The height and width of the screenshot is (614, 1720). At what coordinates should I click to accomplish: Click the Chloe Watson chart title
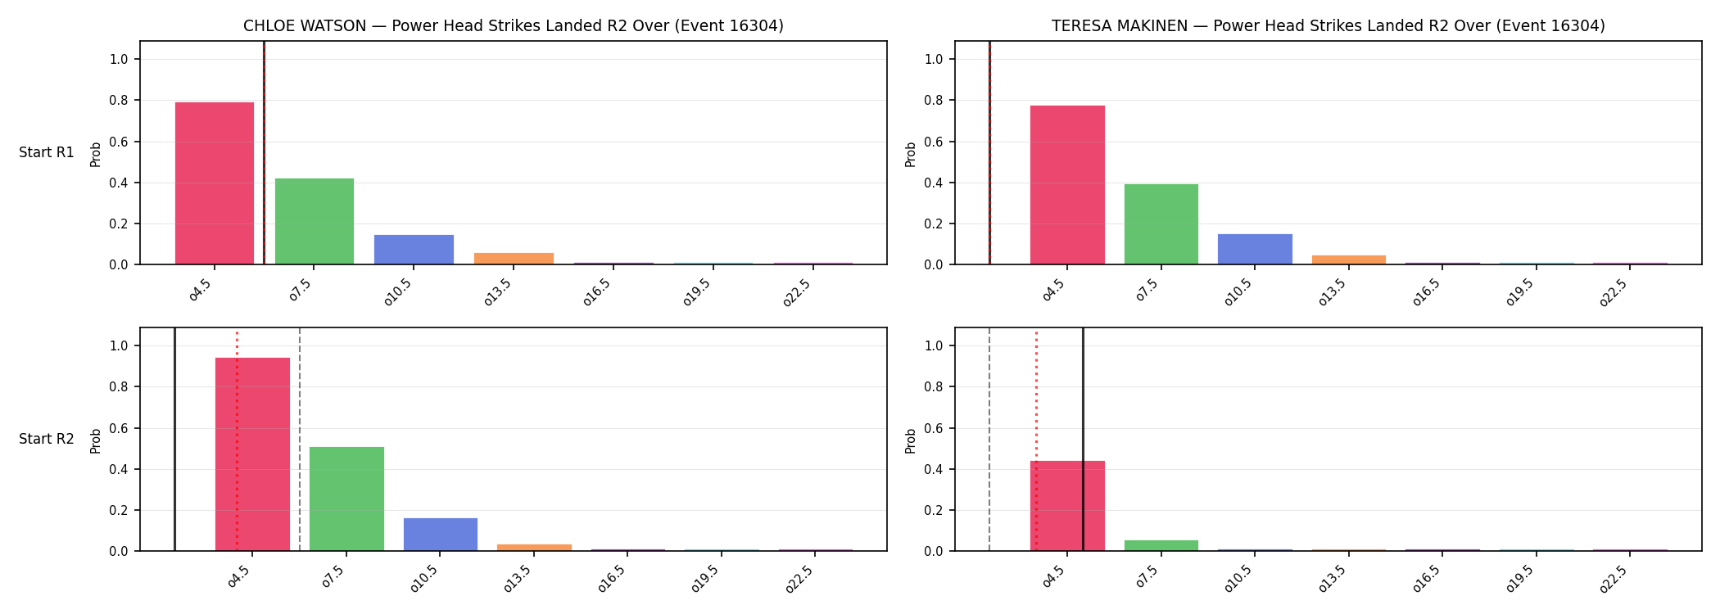coord(514,26)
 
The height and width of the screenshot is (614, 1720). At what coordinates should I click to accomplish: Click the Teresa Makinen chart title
coord(1328,26)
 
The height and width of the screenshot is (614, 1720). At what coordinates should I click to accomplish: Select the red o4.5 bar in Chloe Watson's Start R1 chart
coord(215,183)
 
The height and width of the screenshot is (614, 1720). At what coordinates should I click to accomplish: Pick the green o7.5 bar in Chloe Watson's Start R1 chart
coord(315,221)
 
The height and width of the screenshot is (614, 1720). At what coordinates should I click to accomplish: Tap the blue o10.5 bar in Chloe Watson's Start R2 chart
coord(441,535)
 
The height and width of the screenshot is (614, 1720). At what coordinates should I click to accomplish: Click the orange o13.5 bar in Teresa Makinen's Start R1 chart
coord(1349,260)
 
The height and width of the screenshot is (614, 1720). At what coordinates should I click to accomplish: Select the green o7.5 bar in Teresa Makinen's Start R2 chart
coord(1161,545)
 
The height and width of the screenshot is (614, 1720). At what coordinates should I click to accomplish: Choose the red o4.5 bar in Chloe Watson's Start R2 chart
coord(252,454)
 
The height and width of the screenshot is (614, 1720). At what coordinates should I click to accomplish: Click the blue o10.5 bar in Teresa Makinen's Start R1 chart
coord(1255,249)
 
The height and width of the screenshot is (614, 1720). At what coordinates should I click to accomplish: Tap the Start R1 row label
coord(47,152)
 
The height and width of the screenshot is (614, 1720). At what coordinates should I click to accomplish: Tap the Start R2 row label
coord(47,439)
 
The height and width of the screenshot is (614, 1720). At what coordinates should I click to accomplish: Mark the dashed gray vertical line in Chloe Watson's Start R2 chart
coord(300,439)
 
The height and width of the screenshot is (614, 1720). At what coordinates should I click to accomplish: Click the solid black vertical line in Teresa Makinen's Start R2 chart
coord(1083,439)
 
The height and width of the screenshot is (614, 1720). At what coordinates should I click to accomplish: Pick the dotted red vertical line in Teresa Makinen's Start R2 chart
coord(1036,440)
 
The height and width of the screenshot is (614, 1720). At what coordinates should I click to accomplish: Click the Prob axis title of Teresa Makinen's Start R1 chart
coord(911,154)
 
